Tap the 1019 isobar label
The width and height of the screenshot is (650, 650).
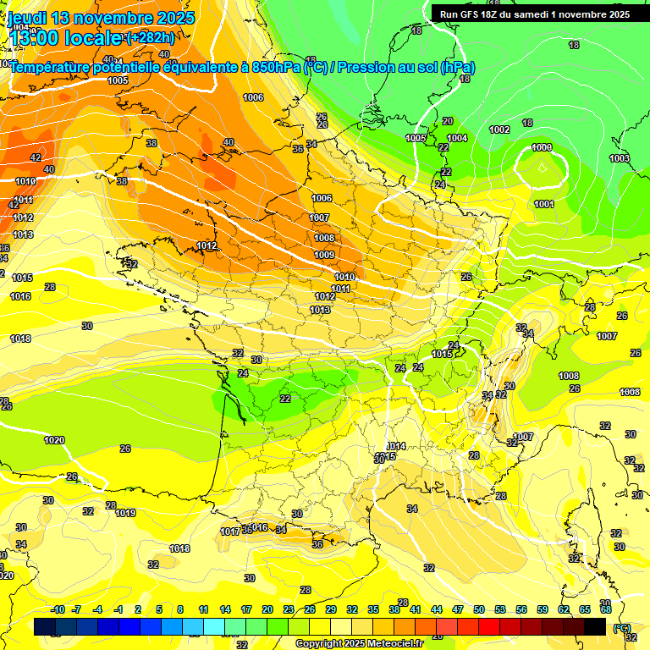tap(125, 513)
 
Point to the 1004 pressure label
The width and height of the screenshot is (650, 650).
tap(457, 138)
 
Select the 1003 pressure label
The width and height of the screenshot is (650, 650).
tap(620, 158)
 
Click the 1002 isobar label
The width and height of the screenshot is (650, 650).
tap(499, 129)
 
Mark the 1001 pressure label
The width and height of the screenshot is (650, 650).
tap(544, 204)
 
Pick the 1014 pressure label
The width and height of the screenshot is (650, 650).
tap(396, 446)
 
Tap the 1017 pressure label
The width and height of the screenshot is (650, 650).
tap(230, 532)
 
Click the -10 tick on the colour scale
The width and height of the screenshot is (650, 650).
tap(58, 609)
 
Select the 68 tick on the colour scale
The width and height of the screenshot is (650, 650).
tap(606, 609)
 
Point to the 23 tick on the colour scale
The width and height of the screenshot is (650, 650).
tap(289, 609)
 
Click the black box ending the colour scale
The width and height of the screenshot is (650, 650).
tap(595, 626)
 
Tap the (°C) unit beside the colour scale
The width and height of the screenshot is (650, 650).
tap(620, 628)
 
